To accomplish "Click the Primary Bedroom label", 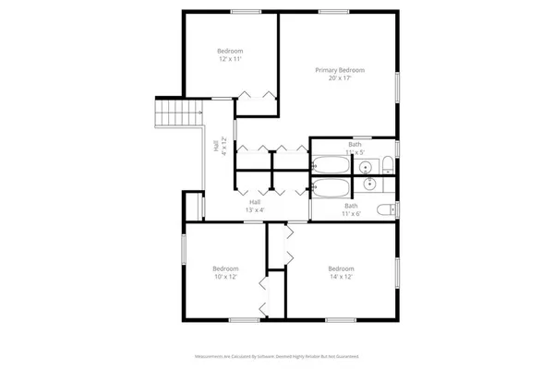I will coord(339,70).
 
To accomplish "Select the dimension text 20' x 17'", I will coord(339,78).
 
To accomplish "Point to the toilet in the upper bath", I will coord(389,166).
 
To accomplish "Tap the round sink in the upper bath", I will coord(366,167).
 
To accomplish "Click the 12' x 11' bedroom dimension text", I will coord(229,59).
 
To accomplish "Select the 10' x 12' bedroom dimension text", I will coord(227,277).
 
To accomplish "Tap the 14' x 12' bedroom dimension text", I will coord(341,277).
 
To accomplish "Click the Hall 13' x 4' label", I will coord(255,207).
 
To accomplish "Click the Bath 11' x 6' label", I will coord(351,209).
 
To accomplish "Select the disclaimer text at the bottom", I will coord(277,355).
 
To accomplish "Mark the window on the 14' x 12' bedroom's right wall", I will coord(400,273).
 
